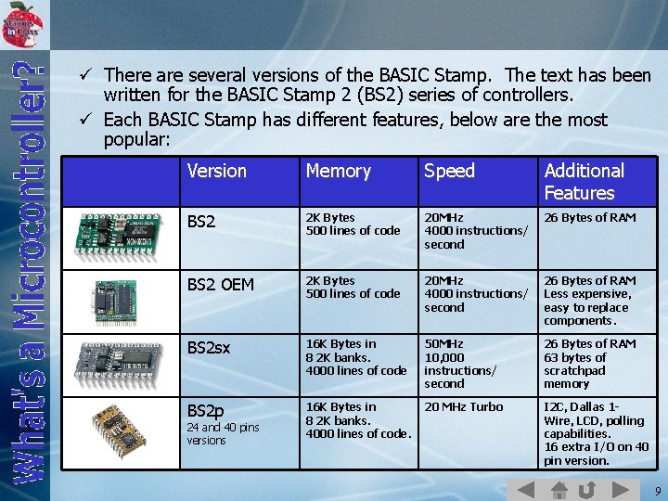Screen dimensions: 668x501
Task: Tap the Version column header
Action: (216, 171)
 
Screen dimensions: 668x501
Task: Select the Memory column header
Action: (338, 171)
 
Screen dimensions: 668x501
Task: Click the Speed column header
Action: (449, 171)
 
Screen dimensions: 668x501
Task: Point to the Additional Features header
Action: (584, 182)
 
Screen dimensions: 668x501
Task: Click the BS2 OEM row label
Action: (220, 285)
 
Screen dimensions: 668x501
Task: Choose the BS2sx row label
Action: (209, 348)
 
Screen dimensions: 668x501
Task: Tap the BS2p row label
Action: (205, 410)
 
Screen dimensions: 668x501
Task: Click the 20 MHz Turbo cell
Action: (463, 406)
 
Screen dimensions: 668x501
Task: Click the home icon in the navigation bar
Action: (559, 490)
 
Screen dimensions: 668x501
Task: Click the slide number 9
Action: (657, 490)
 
